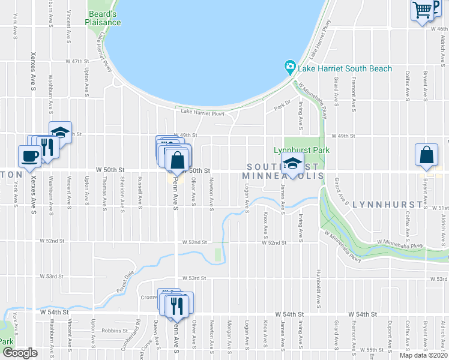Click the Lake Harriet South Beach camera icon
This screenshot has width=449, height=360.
click(x=290, y=66)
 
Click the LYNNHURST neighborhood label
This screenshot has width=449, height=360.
click(x=384, y=205)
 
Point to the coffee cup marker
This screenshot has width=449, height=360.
click(x=30, y=156)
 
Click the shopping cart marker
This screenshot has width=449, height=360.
click(x=423, y=9)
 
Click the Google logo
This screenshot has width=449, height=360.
click(x=20, y=353)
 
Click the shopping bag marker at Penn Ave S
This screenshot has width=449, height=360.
click(x=178, y=160)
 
